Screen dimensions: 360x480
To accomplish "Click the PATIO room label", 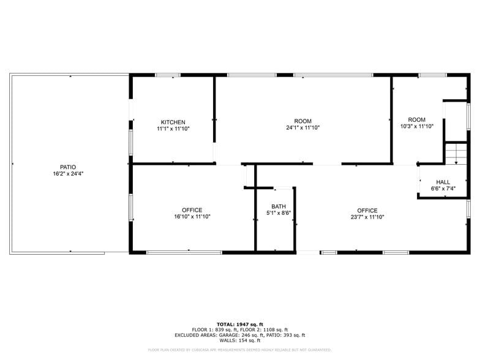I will [68, 167].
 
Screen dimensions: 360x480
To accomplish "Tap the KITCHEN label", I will [173, 122].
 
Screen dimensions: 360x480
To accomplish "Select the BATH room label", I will [279, 206].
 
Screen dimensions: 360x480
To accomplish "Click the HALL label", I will [443, 182].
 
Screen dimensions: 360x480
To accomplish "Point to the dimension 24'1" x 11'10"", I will [303, 128].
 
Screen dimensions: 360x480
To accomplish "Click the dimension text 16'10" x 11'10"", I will [192, 217].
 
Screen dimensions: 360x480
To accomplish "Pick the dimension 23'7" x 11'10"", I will [367, 217].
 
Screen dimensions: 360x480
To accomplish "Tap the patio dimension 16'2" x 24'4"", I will [68, 173].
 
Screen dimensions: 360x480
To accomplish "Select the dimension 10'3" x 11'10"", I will [417, 126].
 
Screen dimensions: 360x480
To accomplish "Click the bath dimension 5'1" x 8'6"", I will [279, 213].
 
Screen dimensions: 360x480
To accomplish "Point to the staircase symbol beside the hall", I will [456, 152].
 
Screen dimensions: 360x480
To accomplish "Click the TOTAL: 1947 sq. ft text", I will [240, 324].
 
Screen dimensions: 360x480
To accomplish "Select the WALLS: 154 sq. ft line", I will [240, 340].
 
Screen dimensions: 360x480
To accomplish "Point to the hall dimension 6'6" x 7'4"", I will [443, 189].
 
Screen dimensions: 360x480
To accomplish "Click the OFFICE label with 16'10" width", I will [192, 210].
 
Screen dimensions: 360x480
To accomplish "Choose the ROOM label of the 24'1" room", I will [303, 121].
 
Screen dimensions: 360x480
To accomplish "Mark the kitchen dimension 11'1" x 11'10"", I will [173, 129].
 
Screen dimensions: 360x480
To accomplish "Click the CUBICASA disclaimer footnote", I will [240, 350].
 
